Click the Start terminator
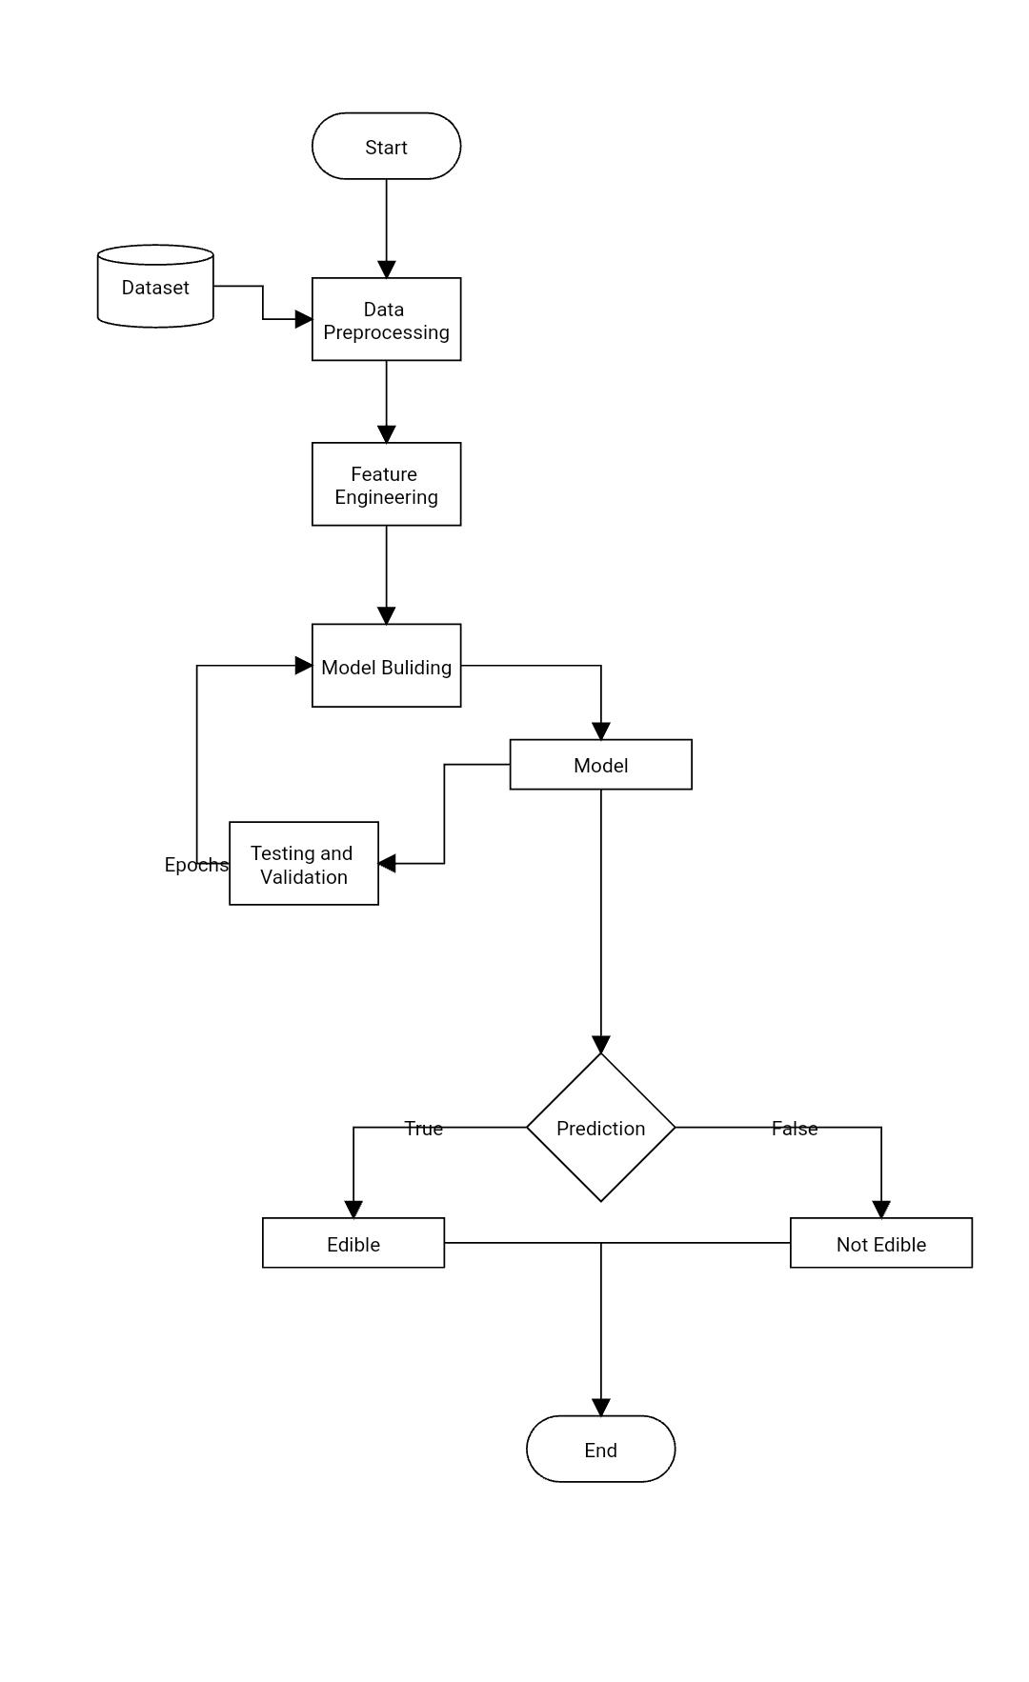pyautogui.click(x=386, y=147)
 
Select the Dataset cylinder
pyautogui.click(x=155, y=288)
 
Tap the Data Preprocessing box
pyautogui.click(x=386, y=320)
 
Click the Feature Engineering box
pyautogui.click(x=386, y=485)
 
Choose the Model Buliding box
pyautogui.click(x=386, y=667)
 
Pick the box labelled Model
pyautogui.click(x=600, y=765)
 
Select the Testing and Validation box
pyautogui.click(x=303, y=864)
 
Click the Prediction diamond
pyautogui.click(x=600, y=1128)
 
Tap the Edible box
pyautogui.click(x=353, y=1244)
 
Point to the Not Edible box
pyautogui.click(x=880, y=1244)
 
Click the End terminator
pyautogui.click(x=600, y=1449)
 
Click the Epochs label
pyautogui.click(x=195, y=865)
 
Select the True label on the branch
pyautogui.click(x=423, y=1129)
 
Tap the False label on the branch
pyautogui.click(x=794, y=1129)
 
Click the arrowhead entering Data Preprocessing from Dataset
pyautogui.click(x=304, y=320)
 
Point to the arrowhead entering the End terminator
pyautogui.click(x=600, y=1408)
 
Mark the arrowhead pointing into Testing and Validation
pyautogui.click(x=387, y=864)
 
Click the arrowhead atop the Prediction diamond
pyautogui.click(x=600, y=1045)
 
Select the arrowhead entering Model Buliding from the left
pyautogui.click(x=304, y=666)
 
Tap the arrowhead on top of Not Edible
pyautogui.click(x=880, y=1210)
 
